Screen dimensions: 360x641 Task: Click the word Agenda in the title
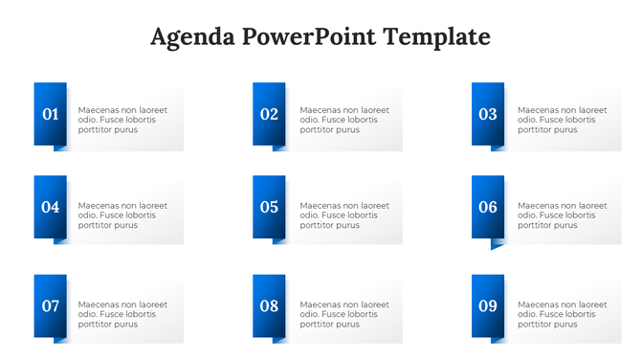(x=193, y=37)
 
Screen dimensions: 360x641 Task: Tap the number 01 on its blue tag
(x=51, y=115)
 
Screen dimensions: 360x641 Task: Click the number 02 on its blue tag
(x=269, y=115)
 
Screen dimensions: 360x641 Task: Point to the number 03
(x=488, y=115)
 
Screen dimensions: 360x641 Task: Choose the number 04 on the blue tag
(x=51, y=207)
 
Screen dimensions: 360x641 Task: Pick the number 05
(x=269, y=207)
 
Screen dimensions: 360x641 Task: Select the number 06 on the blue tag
(x=488, y=207)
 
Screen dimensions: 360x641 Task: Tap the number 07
(x=51, y=306)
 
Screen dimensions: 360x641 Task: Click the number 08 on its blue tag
(x=269, y=306)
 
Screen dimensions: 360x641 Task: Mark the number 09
(x=488, y=306)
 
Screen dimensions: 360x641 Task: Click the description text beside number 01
(x=122, y=120)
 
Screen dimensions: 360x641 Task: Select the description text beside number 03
(x=563, y=120)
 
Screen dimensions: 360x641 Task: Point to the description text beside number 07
(x=122, y=314)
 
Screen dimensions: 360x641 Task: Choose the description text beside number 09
(x=563, y=314)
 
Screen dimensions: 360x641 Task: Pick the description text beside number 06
(x=563, y=215)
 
